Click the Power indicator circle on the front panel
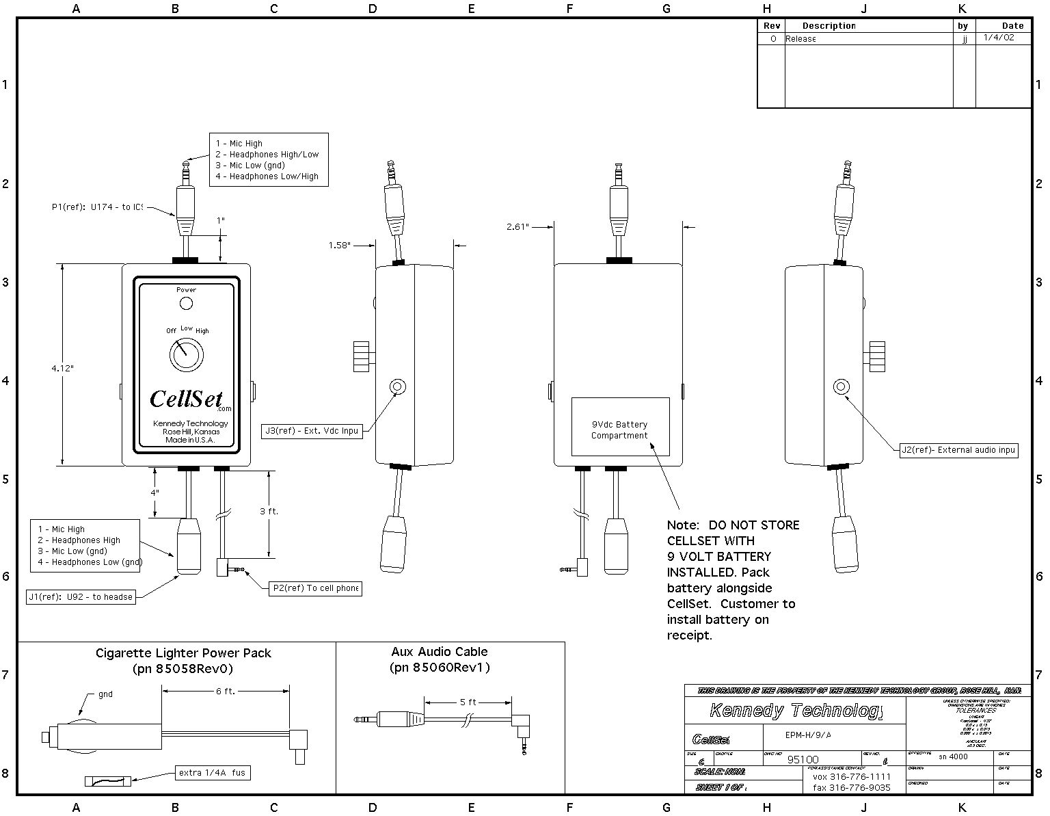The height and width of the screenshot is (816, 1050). point(185,303)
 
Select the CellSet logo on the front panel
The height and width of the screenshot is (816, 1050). point(186,398)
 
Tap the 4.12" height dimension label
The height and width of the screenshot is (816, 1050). point(62,368)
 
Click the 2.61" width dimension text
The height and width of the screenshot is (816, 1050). point(518,226)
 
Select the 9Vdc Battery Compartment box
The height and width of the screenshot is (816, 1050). point(620,427)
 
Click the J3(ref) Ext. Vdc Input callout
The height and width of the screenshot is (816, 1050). point(312,431)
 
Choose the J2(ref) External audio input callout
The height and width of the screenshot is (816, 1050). point(958,450)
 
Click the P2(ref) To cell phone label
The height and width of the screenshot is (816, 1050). point(315,588)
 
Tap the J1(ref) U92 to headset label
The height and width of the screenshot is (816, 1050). point(81,597)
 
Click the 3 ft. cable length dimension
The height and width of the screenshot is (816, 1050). point(269,511)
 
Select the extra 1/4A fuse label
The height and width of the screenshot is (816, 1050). point(212,773)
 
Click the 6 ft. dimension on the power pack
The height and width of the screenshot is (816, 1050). point(226,692)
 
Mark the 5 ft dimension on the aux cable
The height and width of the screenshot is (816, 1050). point(468,702)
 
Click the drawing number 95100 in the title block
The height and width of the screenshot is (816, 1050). point(803,759)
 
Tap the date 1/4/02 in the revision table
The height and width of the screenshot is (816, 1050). point(999,38)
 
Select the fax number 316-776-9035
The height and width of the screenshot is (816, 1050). point(852,787)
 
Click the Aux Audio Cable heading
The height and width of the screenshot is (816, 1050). point(440,652)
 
